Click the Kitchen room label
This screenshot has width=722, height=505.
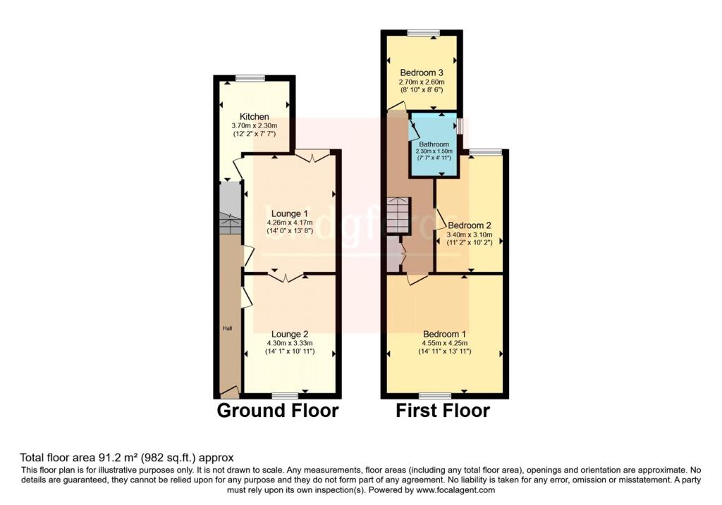[254, 117]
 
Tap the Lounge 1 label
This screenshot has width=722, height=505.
[289, 213]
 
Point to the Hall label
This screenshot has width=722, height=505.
[228, 328]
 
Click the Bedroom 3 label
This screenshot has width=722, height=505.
[422, 73]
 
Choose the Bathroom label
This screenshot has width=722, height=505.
[434, 144]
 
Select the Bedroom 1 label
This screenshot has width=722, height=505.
[444, 334]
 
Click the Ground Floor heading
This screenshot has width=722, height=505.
[277, 411]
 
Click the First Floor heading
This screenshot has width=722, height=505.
[443, 411]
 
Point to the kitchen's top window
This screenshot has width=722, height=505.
[250, 77]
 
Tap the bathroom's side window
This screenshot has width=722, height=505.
[459, 126]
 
